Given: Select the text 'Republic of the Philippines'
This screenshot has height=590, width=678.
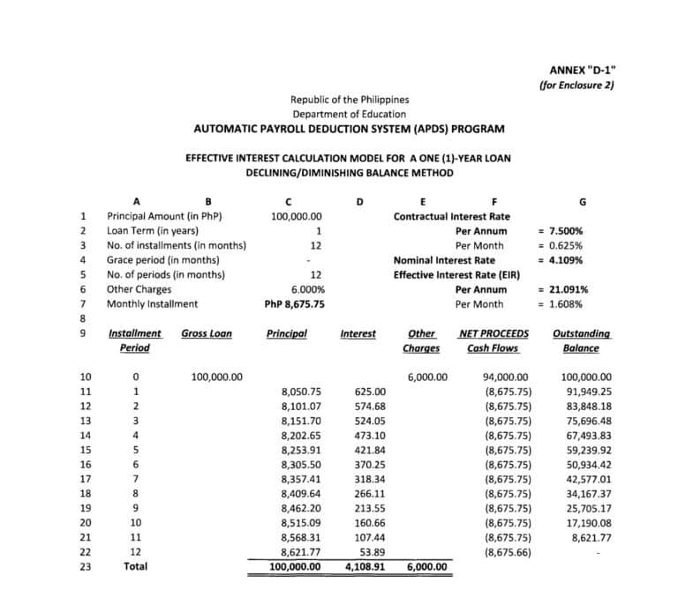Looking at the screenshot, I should pyautogui.click(x=350, y=100).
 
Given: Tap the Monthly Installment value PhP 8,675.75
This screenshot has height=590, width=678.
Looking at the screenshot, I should pyautogui.click(x=295, y=304).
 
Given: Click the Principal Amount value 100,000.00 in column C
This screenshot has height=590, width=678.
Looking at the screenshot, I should pyautogui.click(x=296, y=215).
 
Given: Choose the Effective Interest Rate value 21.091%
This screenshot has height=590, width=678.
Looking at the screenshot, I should pyautogui.click(x=563, y=289).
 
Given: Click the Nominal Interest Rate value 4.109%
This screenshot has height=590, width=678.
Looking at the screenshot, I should pyautogui.click(x=561, y=260).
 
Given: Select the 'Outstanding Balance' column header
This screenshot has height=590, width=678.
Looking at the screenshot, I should pyautogui.click(x=580, y=340).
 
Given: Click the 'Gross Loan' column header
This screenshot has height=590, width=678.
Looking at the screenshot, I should pyautogui.click(x=207, y=333).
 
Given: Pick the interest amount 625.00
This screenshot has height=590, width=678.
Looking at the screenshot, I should pyautogui.click(x=368, y=391).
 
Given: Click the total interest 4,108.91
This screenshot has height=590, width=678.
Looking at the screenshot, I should pyautogui.click(x=363, y=566).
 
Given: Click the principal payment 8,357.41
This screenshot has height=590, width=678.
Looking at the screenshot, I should pyautogui.click(x=300, y=479).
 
